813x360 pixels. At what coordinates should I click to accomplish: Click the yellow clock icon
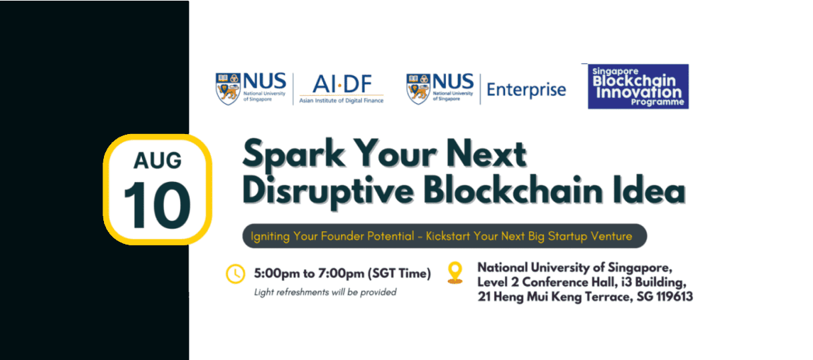pos(235,273)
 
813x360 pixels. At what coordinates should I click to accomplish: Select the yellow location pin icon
pos(455,272)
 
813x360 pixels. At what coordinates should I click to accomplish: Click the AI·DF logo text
pos(341,85)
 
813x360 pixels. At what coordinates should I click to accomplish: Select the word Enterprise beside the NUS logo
pos(526,89)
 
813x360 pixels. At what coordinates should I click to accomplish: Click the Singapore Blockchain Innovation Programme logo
pos(638,87)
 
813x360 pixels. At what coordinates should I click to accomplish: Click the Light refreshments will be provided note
pos(325,292)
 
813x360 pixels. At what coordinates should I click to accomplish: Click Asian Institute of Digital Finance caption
pos(341,101)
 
